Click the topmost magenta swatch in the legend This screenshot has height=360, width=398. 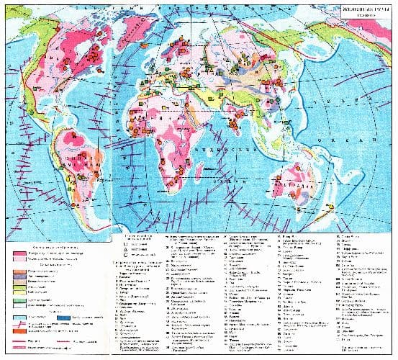pyautogui.click(x=19, y=253)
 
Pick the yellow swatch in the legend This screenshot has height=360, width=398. pyautogui.click(x=19, y=292)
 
